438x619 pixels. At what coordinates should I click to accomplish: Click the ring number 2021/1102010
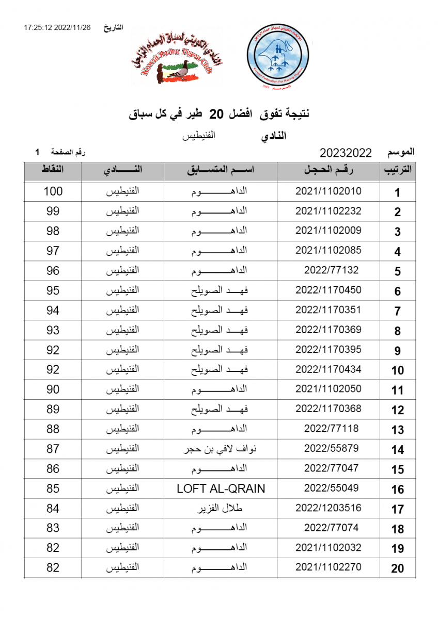328,191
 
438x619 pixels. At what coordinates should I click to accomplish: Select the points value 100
53,191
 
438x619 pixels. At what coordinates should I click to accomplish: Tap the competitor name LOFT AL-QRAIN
221,488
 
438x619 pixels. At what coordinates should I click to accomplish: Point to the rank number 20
397,569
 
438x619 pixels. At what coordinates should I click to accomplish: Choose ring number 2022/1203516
328,508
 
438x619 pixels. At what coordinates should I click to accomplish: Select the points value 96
53,271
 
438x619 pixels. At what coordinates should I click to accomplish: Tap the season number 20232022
346,153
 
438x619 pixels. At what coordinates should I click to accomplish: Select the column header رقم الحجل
328,171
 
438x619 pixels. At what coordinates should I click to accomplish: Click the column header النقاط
53,171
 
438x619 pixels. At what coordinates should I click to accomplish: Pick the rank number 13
397,431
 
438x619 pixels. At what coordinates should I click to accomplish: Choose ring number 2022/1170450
328,290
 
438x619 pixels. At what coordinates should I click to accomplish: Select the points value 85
53,488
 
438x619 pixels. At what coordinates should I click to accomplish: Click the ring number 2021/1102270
328,567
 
